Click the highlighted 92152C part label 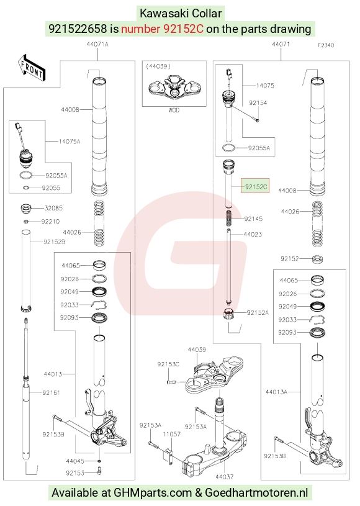click(x=255, y=186)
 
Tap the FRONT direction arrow click(x=32, y=68)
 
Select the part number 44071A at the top click(x=97, y=44)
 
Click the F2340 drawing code click(x=326, y=45)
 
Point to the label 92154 click(x=258, y=103)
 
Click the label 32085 click(x=53, y=208)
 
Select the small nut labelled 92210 click(x=27, y=222)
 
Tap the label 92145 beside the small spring click(x=253, y=219)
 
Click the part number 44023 click(x=253, y=234)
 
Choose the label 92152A click(x=258, y=312)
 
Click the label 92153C click(x=168, y=364)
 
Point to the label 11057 click(x=171, y=434)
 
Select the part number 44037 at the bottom click(x=225, y=476)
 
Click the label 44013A click(x=276, y=392)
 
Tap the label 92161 click(x=52, y=392)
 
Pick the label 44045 click(x=75, y=461)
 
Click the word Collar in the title click(x=207, y=14)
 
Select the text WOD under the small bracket click(x=174, y=110)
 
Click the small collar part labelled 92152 click(x=318, y=259)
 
